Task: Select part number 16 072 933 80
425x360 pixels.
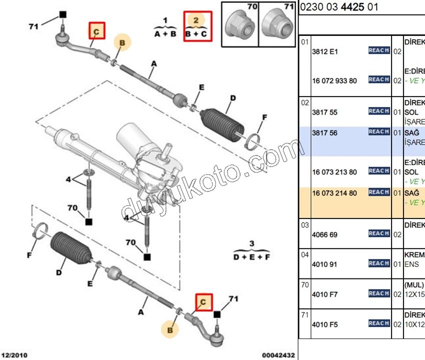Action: pos(334,80)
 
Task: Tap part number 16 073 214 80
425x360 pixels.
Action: pos(334,192)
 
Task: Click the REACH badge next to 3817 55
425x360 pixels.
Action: pos(379,111)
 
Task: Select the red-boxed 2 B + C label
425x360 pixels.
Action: pos(197,26)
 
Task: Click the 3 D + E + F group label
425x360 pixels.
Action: pos(252,251)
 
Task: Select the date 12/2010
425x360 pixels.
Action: pos(14,355)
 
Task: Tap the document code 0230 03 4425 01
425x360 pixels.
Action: pos(339,7)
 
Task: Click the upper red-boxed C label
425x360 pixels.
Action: pos(96,31)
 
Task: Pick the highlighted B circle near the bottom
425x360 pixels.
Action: pos(170,329)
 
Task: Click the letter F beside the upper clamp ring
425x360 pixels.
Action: pos(265,118)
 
